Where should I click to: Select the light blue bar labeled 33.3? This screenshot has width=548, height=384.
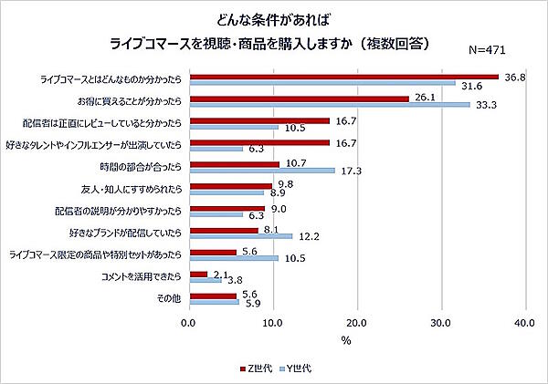pos(329,104)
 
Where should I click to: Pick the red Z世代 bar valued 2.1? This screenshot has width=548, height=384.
pos(198,274)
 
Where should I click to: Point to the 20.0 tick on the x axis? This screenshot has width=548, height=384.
pos(357,323)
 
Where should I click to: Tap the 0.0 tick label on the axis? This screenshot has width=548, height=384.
pos(189,323)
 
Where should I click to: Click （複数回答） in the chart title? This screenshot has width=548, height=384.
pos(395,43)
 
